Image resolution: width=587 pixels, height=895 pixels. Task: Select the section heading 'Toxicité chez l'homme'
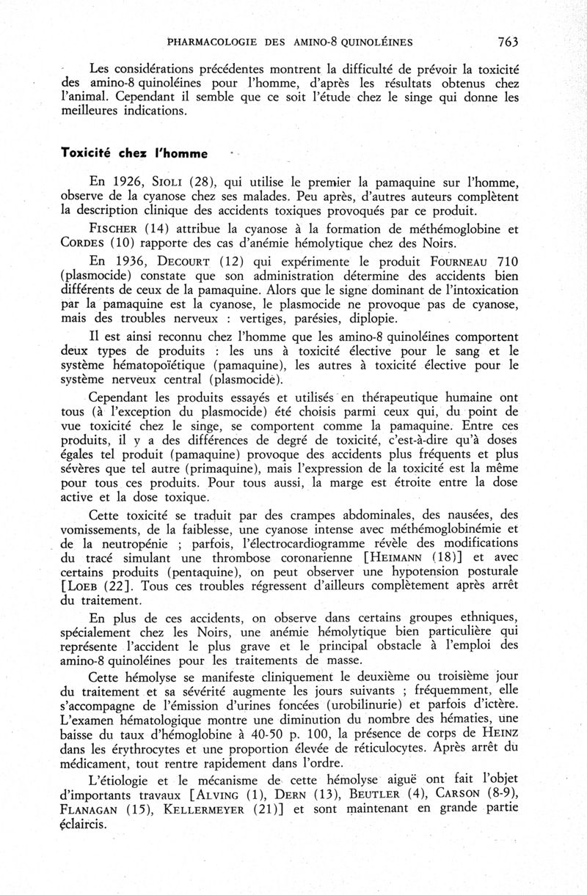134,154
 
